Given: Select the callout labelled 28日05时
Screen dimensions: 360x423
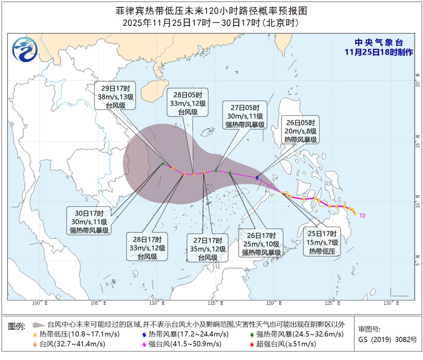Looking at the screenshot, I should (188, 103).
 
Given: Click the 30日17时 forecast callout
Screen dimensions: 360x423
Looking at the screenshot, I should (90, 222).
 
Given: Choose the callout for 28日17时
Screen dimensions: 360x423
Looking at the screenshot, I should (147, 247).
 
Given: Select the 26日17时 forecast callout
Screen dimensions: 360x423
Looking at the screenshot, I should (261, 244).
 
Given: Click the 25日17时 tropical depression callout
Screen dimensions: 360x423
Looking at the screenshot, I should (322, 243).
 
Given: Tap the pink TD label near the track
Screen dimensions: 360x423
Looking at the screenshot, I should (362, 215).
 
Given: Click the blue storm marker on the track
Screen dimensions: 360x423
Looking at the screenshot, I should (257, 178).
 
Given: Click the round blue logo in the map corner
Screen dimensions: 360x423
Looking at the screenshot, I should (25, 50).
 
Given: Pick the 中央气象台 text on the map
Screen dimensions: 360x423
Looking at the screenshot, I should (378, 43).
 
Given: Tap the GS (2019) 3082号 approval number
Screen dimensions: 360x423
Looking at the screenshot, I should (387, 339).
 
